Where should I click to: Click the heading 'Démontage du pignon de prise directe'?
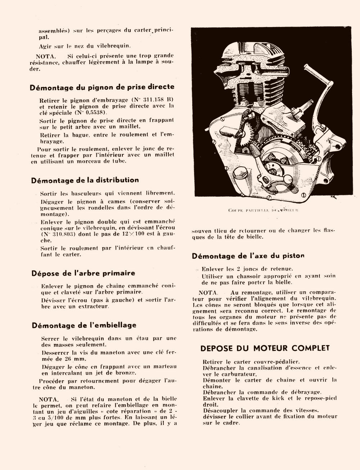click(x=102, y=87)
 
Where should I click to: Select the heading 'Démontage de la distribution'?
click(x=85, y=180)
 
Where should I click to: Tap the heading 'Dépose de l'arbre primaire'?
click(x=83, y=273)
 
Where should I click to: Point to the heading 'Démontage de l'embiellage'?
click(x=84, y=325)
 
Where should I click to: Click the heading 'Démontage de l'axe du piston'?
click(x=248, y=256)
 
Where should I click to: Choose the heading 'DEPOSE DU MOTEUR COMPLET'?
click(x=265, y=348)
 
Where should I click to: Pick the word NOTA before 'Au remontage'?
click(x=208, y=292)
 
